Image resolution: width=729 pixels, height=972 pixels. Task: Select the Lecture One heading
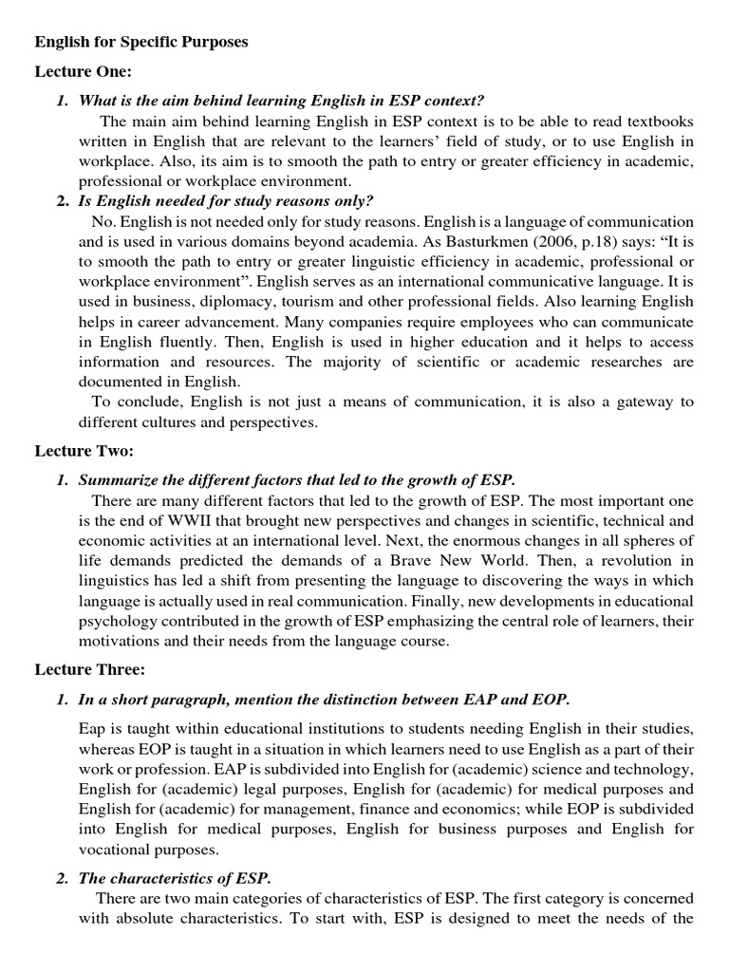click(x=84, y=72)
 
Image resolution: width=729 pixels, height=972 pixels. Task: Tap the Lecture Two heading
click(x=84, y=450)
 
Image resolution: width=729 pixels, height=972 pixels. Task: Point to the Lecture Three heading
click(x=90, y=670)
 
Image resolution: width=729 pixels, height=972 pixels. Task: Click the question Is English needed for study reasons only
click(x=227, y=200)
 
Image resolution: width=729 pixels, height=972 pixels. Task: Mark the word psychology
click(x=119, y=621)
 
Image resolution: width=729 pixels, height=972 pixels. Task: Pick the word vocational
click(x=119, y=850)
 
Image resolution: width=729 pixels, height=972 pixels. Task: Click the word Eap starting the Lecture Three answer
click(x=92, y=728)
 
